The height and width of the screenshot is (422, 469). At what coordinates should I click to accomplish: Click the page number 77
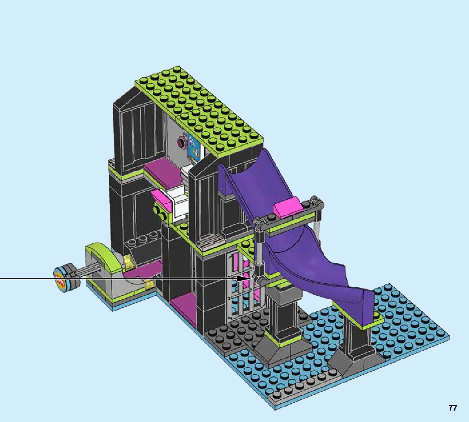(453, 408)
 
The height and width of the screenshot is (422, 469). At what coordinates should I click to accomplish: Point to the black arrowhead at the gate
(241, 278)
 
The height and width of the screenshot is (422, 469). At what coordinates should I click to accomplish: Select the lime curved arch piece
(102, 257)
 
